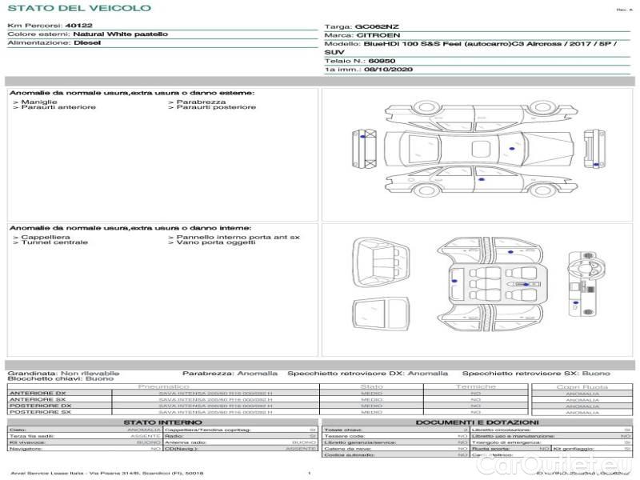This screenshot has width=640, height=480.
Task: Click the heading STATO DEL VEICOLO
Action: [x=78, y=8]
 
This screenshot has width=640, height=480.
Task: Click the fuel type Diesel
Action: [x=86, y=43]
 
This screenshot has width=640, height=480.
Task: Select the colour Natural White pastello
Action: [x=120, y=34]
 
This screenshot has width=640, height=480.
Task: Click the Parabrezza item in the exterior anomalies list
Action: [x=201, y=102]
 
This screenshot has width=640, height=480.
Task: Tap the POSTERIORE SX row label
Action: [x=39, y=412]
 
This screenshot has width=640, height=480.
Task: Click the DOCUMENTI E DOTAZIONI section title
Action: [x=477, y=422]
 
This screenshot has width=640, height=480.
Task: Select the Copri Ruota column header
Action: [x=582, y=386]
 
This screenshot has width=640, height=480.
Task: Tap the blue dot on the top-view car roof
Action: [x=510, y=149]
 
